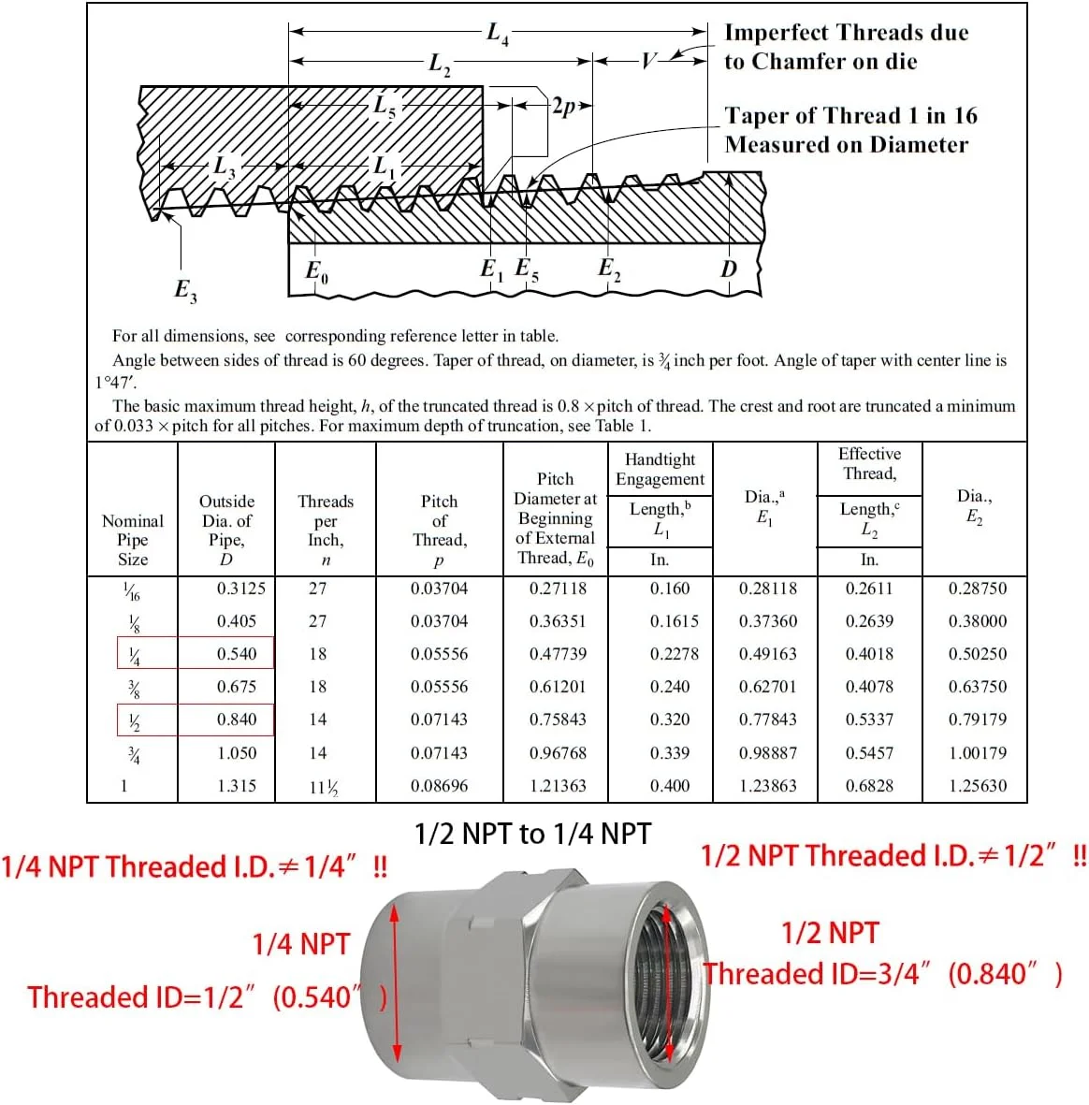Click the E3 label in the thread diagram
click(x=185, y=290)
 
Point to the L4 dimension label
click(x=498, y=35)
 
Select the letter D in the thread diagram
click(x=729, y=269)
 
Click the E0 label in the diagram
click(x=317, y=272)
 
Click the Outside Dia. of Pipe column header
click(x=226, y=530)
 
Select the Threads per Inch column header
click(x=326, y=530)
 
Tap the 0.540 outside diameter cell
click(x=237, y=654)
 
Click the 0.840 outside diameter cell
click(x=237, y=720)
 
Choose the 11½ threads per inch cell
click(x=324, y=787)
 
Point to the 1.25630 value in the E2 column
click(x=978, y=786)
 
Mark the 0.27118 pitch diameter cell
click(x=558, y=589)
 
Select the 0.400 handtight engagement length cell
click(x=670, y=786)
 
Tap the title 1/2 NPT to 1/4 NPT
click(x=532, y=834)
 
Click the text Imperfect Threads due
click(x=846, y=33)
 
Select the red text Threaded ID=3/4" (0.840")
click(x=883, y=974)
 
